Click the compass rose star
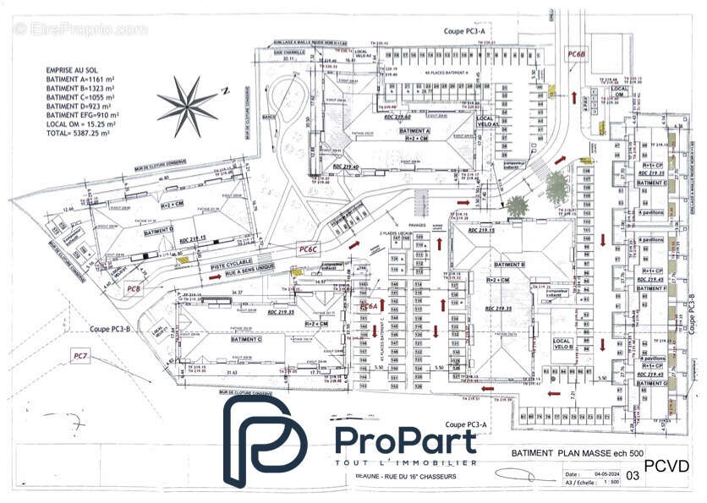point(187,105)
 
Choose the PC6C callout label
point(308,249)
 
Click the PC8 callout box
point(134,290)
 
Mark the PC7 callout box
point(81,356)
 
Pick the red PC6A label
point(369,305)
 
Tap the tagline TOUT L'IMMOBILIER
point(406,462)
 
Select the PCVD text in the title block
point(666,466)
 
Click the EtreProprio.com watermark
point(80,30)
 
